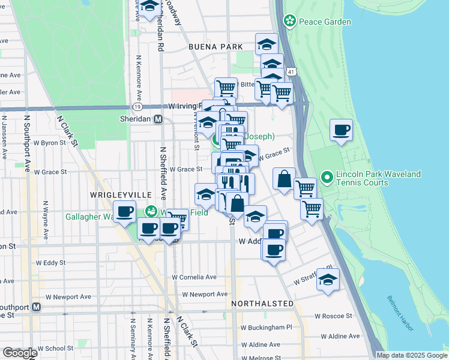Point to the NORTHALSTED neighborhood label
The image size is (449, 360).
pos(262,304)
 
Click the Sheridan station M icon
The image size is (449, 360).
pos(158,119)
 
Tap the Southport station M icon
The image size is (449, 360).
pos(36,307)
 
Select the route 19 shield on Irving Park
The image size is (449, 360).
pos(137,107)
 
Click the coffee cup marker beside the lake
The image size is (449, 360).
pos(342,130)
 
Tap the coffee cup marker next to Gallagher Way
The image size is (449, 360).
pos(125,212)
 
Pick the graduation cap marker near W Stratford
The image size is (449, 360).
pos(328,280)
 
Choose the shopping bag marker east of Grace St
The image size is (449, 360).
pos(284,179)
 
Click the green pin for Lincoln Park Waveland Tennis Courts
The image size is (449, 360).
pos(327,178)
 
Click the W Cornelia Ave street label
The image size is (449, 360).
pos(194,278)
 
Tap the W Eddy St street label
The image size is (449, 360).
pos(50,263)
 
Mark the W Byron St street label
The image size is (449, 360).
pos(49,143)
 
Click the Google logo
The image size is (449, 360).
pos(20,352)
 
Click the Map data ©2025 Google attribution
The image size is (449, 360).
pos(411,355)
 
